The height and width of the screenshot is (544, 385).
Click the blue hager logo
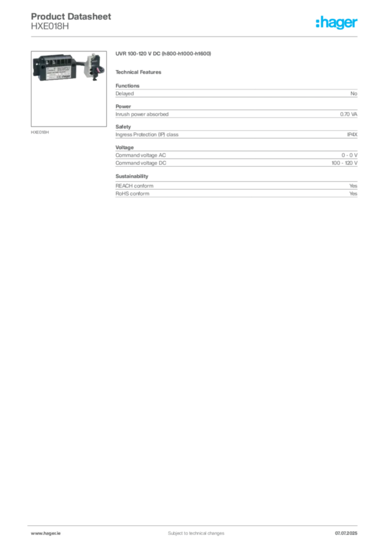pyautogui.click(x=337, y=23)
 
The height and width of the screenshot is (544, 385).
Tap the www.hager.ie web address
pyautogui.click(x=44, y=533)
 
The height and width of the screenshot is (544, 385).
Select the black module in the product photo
pyautogui.click(x=57, y=67)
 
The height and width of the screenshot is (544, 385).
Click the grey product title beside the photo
pyautogui.click(x=164, y=54)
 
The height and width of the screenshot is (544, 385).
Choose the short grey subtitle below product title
pyautogui.click(x=140, y=72)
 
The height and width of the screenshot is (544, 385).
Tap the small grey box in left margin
pyautogui.click(x=40, y=132)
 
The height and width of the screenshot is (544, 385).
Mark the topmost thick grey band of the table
pyautogui.click(x=236, y=94)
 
